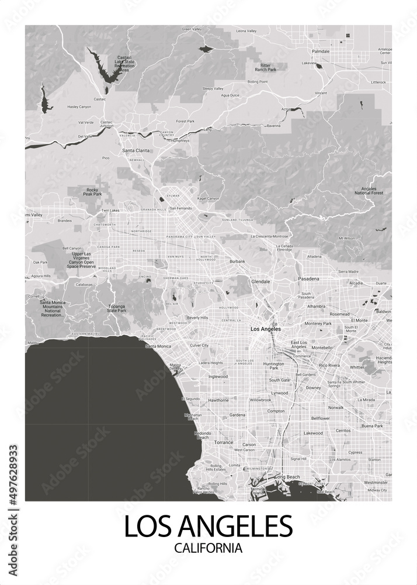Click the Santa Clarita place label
(x=135, y=150)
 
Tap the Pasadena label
(x=308, y=278)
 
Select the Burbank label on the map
(x=237, y=261)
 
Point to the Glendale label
(x=260, y=281)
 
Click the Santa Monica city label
(x=158, y=346)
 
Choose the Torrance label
(x=223, y=443)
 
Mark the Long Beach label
(x=287, y=477)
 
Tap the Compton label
(x=276, y=411)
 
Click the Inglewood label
(x=217, y=377)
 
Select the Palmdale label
(x=321, y=51)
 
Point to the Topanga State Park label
(x=117, y=308)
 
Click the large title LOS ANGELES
(x=208, y=526)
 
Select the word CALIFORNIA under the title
(x=208, y=549)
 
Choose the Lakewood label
(x=313, y=433)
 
